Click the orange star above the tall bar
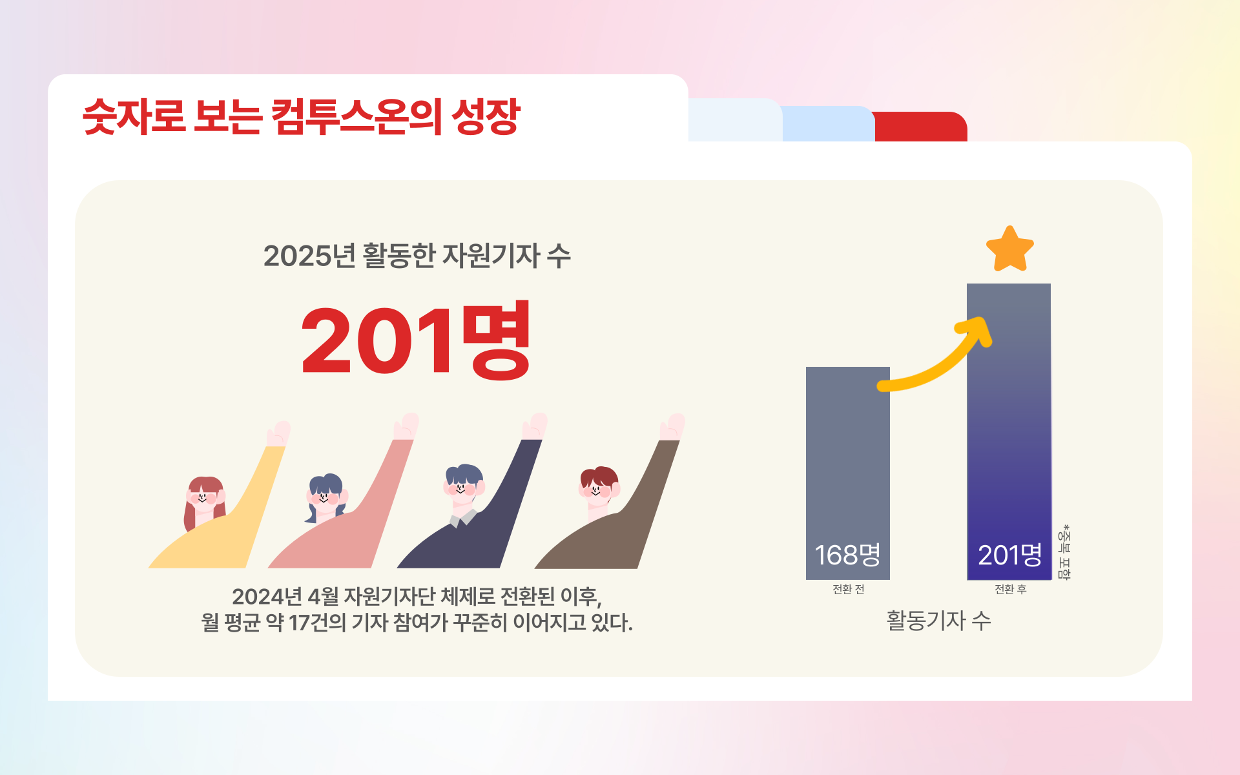point(1010,249)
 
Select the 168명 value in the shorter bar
point(847,555)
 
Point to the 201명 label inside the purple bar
point(1010,555)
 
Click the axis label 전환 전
point(848,589)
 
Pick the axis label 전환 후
point(1010,589)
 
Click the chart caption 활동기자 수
point(938,621)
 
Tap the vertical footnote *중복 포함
point(1064,552)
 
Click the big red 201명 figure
point(416,340)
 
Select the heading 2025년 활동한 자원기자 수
point(417,256)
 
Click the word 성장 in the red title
point(486,117)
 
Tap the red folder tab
point(921,127)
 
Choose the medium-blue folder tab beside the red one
point(828,124)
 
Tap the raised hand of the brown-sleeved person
point(672,427)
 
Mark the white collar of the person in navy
point(463,518)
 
